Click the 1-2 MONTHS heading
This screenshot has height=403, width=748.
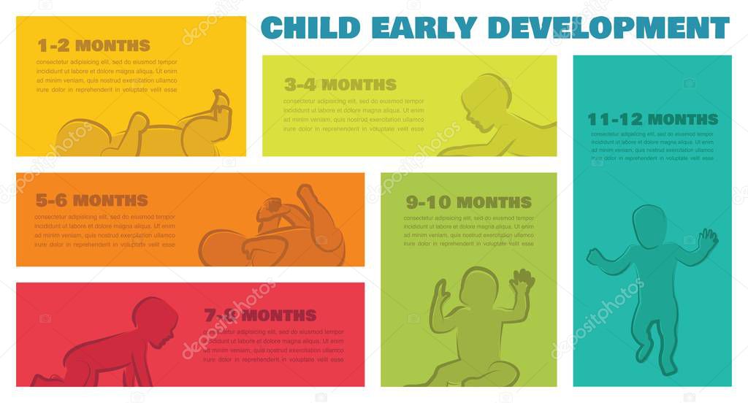point(93,45)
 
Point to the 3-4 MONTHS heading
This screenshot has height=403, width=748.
point(340,85)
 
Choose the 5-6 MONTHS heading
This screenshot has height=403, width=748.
point(91,200)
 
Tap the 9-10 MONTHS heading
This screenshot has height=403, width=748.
point(469,202)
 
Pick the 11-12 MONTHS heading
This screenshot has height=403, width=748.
point(652,119)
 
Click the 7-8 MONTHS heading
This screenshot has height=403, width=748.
point(260,315)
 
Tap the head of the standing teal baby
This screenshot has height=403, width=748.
point(649,227)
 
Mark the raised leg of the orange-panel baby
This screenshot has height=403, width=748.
point(318,212)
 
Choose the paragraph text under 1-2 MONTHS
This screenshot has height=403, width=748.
point(107,76)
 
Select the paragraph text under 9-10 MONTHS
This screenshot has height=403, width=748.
point(468,231)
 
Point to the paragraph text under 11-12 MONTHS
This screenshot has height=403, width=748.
point(652,146)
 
